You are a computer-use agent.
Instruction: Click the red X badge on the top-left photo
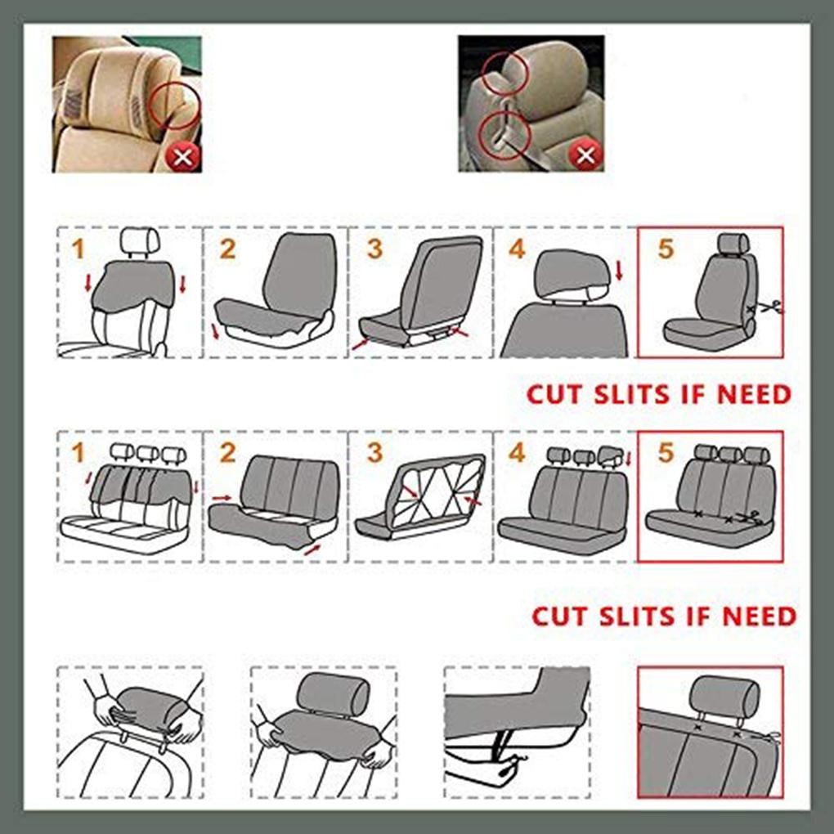point(182,155)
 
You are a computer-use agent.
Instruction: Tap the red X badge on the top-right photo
point(585,155)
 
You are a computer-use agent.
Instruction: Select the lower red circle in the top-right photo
point(505,132)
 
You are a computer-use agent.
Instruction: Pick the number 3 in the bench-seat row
point(374,452)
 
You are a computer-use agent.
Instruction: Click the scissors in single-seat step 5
point(769,308)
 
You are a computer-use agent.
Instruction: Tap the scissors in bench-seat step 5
point(751,517)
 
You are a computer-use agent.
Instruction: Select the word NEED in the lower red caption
point(760,616)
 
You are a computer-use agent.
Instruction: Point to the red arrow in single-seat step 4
point(618,269)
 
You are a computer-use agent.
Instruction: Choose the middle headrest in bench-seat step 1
point(147,453)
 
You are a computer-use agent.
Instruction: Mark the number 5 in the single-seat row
point(666,249)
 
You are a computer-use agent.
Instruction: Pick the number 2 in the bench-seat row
point(227,452)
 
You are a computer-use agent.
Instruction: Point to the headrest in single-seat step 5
point(733,242)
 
